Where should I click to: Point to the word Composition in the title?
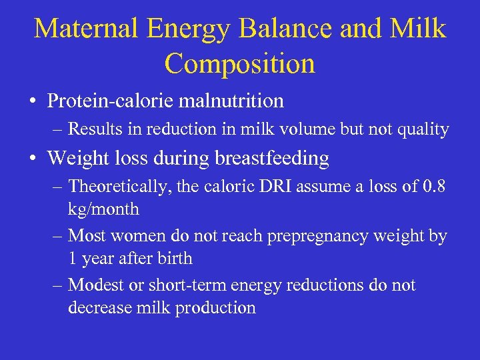coord(239,63)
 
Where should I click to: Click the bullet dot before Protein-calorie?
coord(33,102)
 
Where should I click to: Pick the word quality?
coord(422,129)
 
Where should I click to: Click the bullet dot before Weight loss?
coord(33,159)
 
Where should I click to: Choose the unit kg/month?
coord(103,209)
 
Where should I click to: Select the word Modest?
coord(94,285)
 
